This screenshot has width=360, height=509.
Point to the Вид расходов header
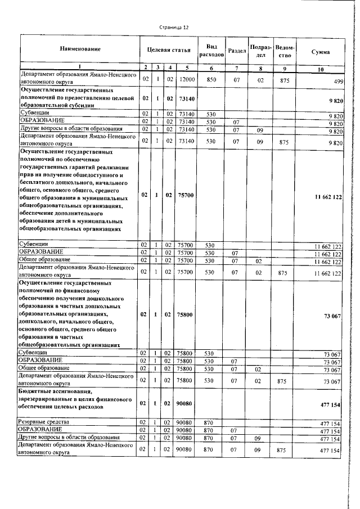(211, 49)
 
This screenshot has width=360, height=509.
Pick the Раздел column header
(237, 50)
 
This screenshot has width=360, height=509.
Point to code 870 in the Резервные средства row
(211, 422)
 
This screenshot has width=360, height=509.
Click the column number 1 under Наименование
(80, 67)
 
